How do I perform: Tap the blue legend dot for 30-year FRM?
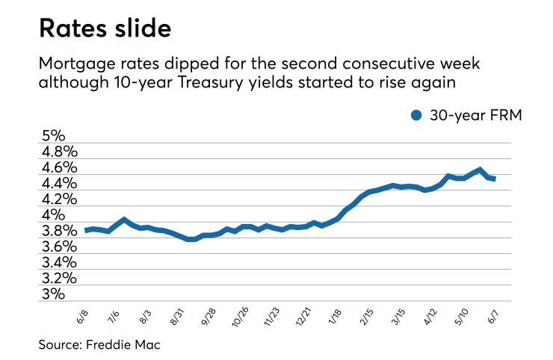point(417,114)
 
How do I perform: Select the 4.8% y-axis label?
point(61,152)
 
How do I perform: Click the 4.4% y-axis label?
point(61,183)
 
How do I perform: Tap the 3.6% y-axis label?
point(61,246)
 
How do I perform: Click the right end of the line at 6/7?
point(494,179)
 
